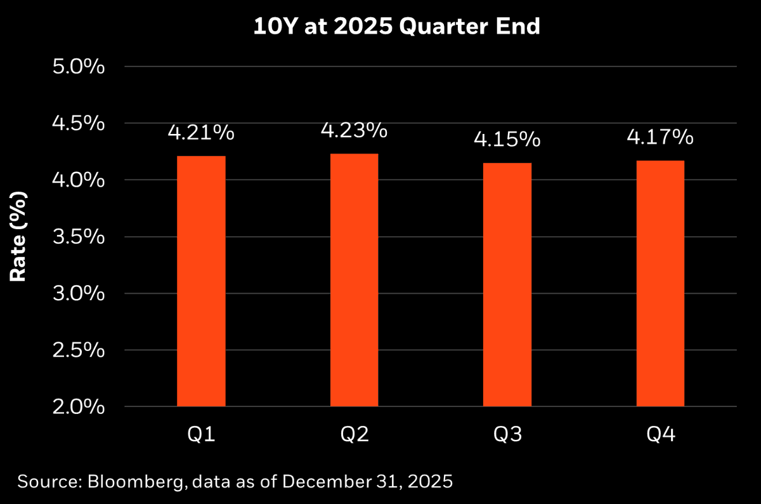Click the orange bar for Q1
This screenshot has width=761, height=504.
click(x=201, y=281)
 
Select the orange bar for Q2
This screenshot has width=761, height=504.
click(x=354, y=280)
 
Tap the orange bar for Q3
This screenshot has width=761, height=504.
click(x=507, y=284)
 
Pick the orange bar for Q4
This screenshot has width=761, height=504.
click(x=660, y=283)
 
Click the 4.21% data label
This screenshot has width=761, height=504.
click(x=201, y=134)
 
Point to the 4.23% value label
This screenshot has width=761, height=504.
click(x=354, y=131)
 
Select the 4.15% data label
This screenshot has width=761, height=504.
click(x=507, y=140)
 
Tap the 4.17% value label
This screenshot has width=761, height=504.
click(x=660, y=137)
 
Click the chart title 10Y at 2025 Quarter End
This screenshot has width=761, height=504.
click(x=380, y=27)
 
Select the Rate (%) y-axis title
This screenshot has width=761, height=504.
click(x=18, y=237)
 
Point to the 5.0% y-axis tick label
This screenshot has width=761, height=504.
click(x=79, y=67)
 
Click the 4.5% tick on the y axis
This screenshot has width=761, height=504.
click(x=79, y=123)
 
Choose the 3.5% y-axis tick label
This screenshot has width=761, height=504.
click(x=79, y=237)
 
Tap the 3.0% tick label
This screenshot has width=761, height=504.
click(x=79, y=293)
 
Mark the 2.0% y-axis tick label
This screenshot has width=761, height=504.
click(x=79, y=407)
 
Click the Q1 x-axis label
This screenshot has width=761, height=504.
click(x=201, y=435)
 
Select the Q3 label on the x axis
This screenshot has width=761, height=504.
click(x=507, y=435)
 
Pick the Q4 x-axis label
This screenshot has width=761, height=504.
click(x=660, y=435)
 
